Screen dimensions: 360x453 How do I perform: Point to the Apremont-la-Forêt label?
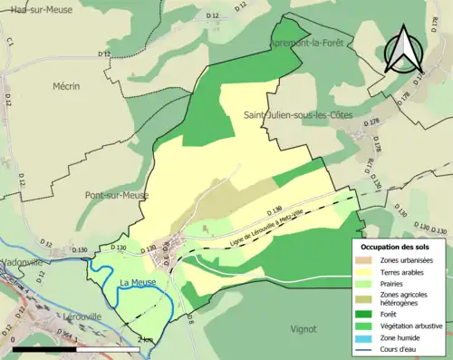pyautogui.click(x=306, y=44)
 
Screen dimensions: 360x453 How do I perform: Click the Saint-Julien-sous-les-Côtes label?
pyautogui.click(x=297, y=114)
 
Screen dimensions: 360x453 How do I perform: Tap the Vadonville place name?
pyautogui.click(x=22, y=261)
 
